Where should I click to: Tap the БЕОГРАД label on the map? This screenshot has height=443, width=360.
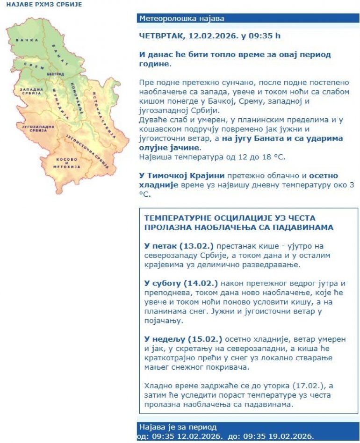[55, 74]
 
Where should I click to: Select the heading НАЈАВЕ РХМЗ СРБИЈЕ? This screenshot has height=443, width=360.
[44, 4]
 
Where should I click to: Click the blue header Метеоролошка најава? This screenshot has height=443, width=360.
[181, 19]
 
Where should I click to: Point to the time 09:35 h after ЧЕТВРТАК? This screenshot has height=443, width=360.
[265, 36]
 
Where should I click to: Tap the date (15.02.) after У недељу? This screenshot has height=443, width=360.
[205, 339]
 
